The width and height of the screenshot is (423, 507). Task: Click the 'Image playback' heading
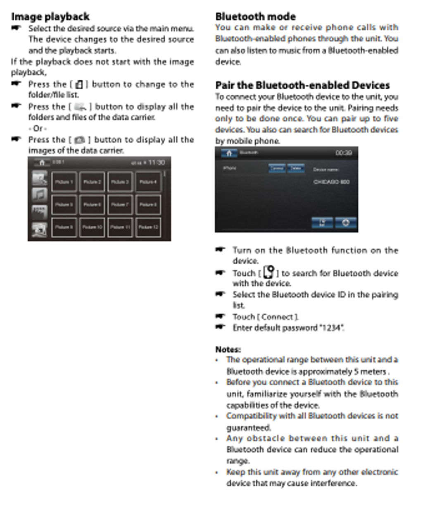pos(50,17)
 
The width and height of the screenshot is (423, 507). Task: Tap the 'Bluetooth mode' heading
pos(255,17)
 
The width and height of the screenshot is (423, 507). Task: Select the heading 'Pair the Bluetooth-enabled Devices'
pos(302,86)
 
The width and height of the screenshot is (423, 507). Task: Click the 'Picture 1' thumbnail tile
pos(64,182)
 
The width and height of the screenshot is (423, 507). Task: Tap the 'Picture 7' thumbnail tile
pos(120,204)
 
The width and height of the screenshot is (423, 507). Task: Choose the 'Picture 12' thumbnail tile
pos(148,227)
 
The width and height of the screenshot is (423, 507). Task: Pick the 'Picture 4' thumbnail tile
pos(148,182)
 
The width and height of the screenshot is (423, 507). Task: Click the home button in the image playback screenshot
pos(42,163)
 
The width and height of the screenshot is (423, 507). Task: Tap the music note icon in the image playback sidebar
pos(40,194)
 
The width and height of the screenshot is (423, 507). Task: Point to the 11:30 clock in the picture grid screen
pos(156,163)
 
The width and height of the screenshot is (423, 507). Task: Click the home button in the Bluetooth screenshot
pos(229,153)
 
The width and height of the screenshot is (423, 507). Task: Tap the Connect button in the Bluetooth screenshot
pos(276,168)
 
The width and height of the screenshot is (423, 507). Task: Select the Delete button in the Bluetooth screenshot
pos(295,168)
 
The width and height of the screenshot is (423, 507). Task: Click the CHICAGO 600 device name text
pos(331,182)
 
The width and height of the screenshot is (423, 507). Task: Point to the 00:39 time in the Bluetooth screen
pos(344,153)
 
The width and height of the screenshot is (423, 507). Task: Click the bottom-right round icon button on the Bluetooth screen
pos(345,223)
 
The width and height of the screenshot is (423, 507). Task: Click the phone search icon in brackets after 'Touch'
pos(269,272)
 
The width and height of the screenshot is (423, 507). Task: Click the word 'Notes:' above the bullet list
pos(228,349)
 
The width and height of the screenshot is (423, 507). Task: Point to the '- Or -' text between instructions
pos(38,129)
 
